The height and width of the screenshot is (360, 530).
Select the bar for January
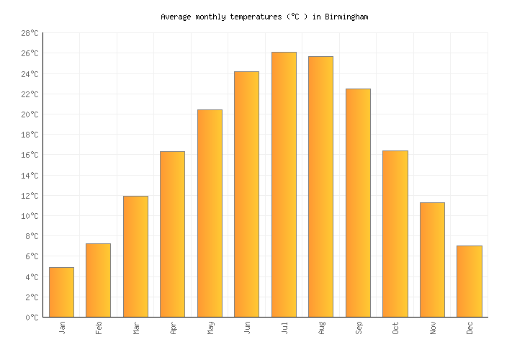tap(61, 292)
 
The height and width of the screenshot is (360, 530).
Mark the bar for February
tap(98, 280)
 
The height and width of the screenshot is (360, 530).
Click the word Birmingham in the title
tap(347, 17)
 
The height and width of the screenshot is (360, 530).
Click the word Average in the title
tap(176, 17)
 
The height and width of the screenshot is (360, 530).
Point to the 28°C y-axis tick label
tap(30, 33)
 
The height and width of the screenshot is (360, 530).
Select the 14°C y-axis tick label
tap(30, 176)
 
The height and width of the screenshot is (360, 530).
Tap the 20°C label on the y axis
tap(30, 114)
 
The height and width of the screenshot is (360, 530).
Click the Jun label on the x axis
tap(247, 328)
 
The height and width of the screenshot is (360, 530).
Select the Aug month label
tap(321, 328)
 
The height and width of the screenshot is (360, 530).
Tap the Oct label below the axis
tap(395, 328)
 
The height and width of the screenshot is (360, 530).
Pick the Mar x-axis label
tap(136, 328)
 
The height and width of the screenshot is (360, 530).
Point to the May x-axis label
tap(210, 328)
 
